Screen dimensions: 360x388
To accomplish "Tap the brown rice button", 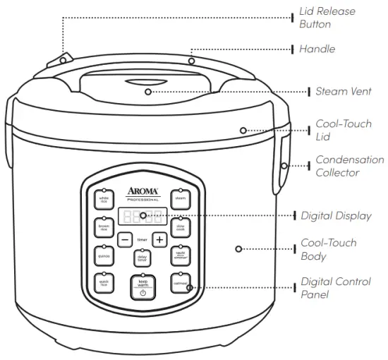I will [104, 227].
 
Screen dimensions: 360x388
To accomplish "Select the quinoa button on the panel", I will [104, 256].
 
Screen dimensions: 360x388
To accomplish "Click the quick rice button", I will [104, 283].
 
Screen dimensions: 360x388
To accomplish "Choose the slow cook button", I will [180, 227].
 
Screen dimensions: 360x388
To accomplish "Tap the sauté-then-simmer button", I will [180, 256].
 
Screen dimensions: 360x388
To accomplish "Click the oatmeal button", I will [180, 283].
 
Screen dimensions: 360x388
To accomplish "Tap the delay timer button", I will [142, 258].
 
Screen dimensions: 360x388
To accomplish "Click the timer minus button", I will [124, 239].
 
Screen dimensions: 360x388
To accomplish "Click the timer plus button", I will [159, 239].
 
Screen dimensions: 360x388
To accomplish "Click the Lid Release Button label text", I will [326, 18].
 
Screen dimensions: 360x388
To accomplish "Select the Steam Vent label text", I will [344, 92].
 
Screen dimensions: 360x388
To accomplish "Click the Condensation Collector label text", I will [349, 167].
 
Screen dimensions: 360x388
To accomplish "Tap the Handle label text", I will [317, 49].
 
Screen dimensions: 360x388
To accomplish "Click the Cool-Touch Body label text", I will [329, 249].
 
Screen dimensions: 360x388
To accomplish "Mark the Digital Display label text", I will [336, 216].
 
